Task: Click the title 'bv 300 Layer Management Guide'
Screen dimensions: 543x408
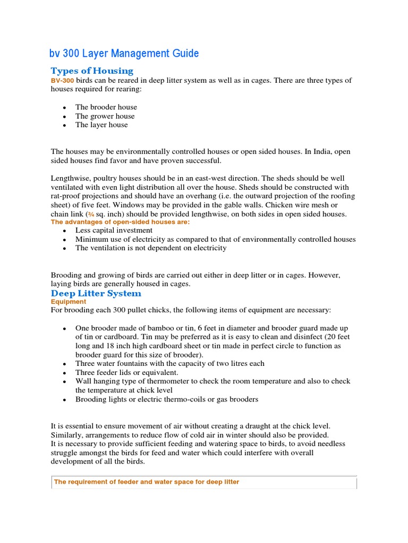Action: pyautogui.click(x=125, y=54)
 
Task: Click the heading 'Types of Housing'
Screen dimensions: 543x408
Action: pyautogui.click(x=92, y=71)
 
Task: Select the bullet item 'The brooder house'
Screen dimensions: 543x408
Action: pyautogui.click(x=106, y=107)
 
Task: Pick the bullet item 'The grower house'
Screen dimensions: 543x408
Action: pyautogui.click(x=105, y=116)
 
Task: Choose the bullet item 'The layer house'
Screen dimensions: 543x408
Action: pyautogui.click(x=101, y=125)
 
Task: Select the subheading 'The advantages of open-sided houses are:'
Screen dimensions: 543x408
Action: pyautogui.click(x=120, y=222)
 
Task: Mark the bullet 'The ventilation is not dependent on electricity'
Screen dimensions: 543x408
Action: pyautogui.click(x=151, y=248)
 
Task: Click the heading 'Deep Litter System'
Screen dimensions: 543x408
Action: pyautogui.click(x=96, y=293)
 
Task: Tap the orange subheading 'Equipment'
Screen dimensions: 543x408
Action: pyautogui.click(x=68, y=302)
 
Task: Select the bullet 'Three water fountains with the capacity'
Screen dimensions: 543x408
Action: pyautogui.click(x=169, y=363)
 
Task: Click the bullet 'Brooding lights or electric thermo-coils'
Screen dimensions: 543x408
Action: pyautogui.click(x=167, y=399)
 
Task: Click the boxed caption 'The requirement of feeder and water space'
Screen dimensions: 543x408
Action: pyautogui.click(x=147, y=482)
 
